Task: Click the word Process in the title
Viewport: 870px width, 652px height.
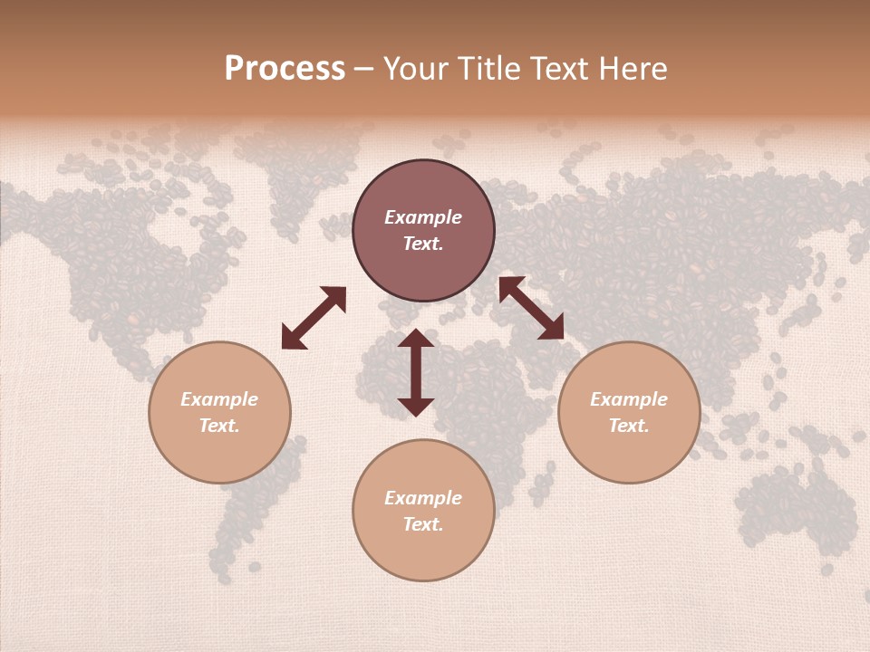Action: [x=285, y=69]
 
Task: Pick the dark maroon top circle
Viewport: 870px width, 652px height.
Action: [x=423, y=190]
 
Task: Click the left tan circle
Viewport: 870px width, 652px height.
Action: [x=219, y=453]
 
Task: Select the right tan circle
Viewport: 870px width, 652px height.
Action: [x=629, y=453]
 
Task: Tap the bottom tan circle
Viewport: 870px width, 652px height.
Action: [x=423, y=552]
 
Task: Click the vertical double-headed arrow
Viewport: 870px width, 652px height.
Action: [x=416, y=372]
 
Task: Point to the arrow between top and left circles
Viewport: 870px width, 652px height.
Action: [x=314, y=318]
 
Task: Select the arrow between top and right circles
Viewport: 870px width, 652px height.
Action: [x=531, y=308]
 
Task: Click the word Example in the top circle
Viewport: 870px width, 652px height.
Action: [x=423, y=217]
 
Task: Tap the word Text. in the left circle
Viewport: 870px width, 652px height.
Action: [x=219, y=426]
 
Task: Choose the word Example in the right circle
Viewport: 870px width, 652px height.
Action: [x=629, y=399]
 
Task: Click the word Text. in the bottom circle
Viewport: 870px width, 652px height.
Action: [x=423, y=524]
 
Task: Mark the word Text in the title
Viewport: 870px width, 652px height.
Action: [x=558, y=69]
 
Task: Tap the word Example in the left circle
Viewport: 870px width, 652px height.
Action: [x=219, y=399]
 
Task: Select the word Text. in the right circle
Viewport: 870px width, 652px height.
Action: [x=629, y=426]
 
